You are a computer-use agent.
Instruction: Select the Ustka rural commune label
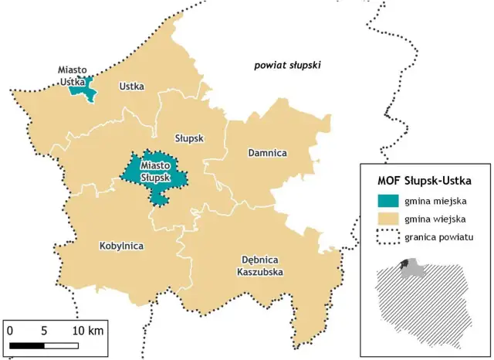[x=132, y=87]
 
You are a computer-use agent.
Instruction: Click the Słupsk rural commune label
[x=188, y=138]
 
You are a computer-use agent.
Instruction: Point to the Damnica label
[x=267, y=153]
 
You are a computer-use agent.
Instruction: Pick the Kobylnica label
[x=122, y=246]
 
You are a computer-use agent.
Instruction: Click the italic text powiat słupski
[x=287, y=66]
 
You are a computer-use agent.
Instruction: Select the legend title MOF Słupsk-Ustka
[x=424, y=181]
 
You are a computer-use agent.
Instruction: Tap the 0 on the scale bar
[x=10, y=330]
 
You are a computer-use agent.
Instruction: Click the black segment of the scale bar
[x=27, y=343]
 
